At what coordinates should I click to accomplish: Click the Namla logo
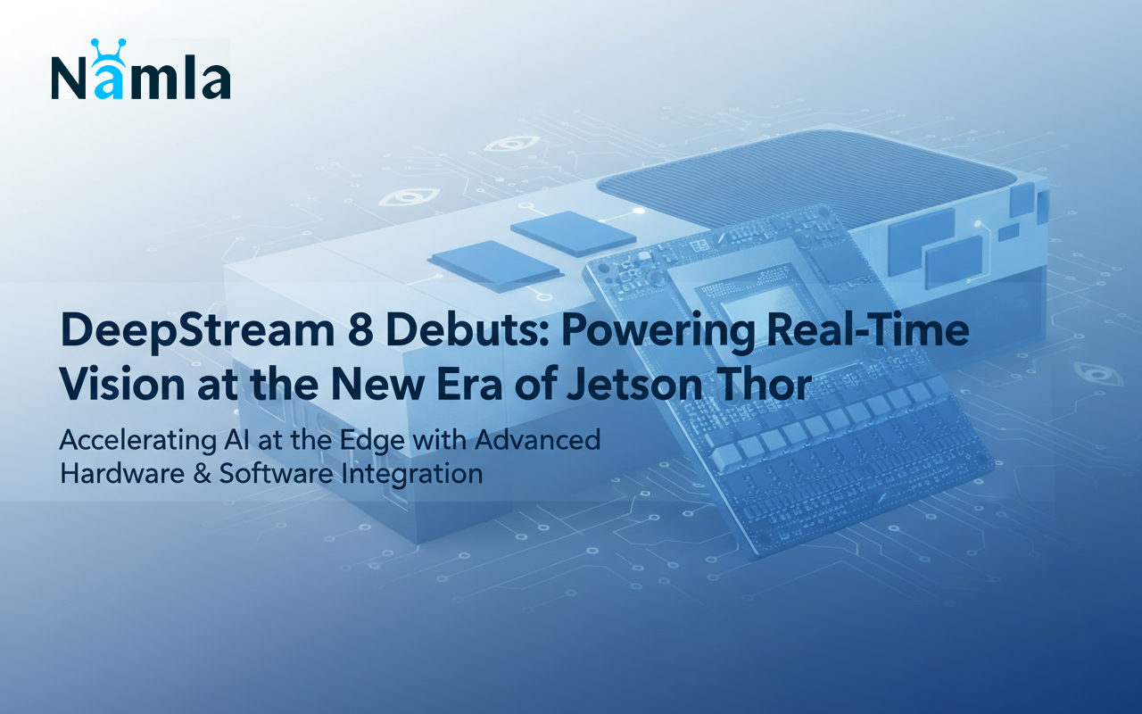(141, 70)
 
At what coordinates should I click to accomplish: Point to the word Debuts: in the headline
(466, 329)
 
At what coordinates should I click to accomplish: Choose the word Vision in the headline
(122, 384)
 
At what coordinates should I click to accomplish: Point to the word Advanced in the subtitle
(538, 440)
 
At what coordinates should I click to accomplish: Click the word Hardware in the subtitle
(122, 473)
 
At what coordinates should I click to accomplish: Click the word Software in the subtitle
(277, 473)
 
